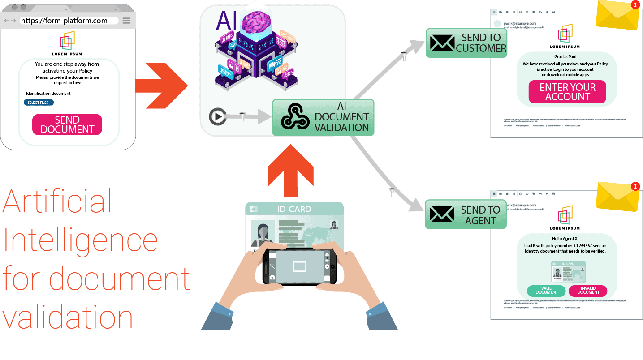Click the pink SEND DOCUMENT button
tap(67, 124)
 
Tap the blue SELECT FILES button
tap(39, 103)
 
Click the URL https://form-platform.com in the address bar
tap(64, 21)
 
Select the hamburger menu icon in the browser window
tap(126, 21)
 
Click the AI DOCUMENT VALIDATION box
tap(323, 117)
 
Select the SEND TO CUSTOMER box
tap(466, 43)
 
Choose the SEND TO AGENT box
tap(466, 215)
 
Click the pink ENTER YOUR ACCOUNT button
tap(567, 92)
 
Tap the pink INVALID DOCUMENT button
tap(587, 291)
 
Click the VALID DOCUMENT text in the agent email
tap(547, 291)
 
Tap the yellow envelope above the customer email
tap(617, 15)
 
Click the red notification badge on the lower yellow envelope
tap(634, 187)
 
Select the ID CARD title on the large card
tap(294, 209)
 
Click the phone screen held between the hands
tap(299, 266)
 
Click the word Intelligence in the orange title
tap(81, 240)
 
